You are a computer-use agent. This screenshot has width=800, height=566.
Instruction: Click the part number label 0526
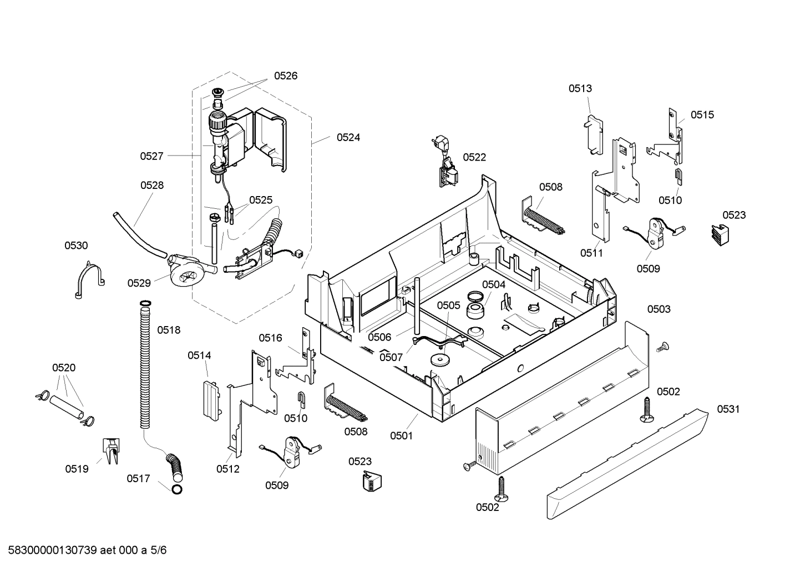(285, 76)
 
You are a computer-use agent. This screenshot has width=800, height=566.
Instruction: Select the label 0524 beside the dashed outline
(348, 137)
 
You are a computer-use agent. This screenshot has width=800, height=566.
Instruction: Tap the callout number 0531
(728, 409)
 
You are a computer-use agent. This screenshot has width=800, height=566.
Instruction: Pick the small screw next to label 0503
(661, 347)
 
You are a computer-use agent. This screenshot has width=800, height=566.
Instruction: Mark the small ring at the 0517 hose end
(176, 489)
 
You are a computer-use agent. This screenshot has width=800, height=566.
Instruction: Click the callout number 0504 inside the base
(493, 284)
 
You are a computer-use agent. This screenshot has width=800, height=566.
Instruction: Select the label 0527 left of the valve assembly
(151, 156)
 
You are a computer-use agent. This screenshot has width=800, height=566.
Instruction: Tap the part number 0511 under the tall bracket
(591, 253)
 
